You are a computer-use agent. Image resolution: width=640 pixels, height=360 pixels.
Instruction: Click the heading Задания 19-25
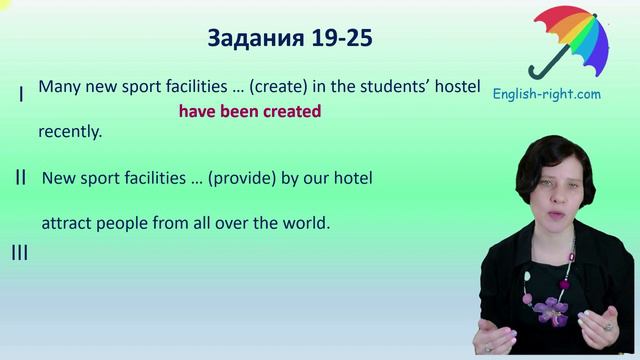[291, 38]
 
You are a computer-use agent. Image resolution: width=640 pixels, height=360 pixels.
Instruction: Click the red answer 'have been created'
[250, 112]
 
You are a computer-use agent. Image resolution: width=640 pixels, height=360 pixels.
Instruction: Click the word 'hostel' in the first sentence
[456, 87]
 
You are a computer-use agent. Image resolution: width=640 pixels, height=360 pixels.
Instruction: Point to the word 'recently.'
[70, 131]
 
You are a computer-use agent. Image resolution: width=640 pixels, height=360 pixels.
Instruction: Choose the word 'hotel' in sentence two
[352, 179]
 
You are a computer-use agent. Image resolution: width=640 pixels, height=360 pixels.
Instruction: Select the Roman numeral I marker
[21, 94]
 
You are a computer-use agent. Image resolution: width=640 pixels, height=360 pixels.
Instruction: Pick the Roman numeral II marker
[20, 178]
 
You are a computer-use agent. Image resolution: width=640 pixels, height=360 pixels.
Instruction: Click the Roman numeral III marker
[19, 253]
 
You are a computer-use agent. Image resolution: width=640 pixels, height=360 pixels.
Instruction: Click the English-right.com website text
[547, 94]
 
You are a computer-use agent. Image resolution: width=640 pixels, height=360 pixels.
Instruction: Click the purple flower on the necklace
[549, 309]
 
